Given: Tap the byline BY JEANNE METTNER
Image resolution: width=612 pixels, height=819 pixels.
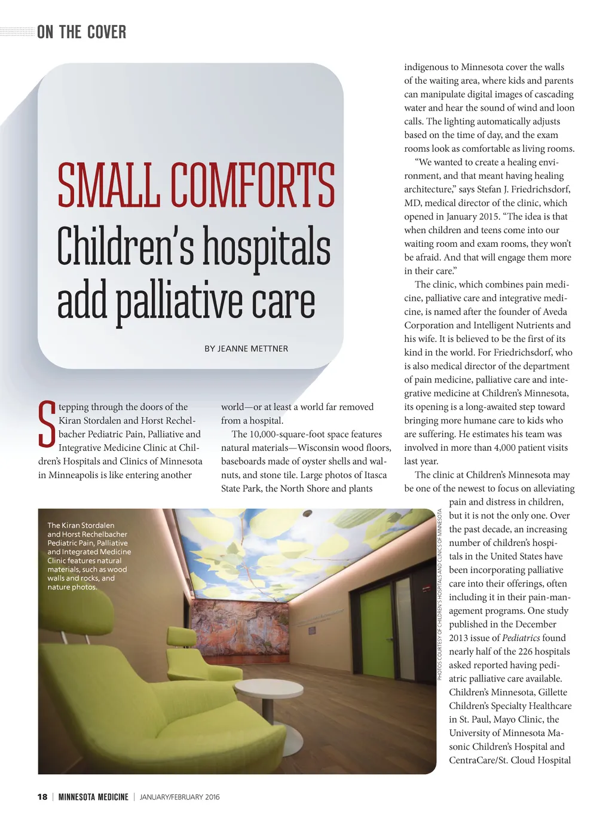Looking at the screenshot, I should pos(246,349).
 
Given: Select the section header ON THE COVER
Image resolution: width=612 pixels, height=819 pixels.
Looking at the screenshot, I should pos(81,32).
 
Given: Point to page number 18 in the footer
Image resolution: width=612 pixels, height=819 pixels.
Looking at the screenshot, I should pos(42,797).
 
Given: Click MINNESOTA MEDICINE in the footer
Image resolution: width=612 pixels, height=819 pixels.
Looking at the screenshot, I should pos(93,797).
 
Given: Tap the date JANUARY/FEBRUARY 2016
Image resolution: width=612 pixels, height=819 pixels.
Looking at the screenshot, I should pos(179,797).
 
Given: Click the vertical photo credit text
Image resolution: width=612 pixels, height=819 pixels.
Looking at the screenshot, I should pos(440,594).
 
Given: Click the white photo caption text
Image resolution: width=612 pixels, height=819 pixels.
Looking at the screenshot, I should pos(88,556).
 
